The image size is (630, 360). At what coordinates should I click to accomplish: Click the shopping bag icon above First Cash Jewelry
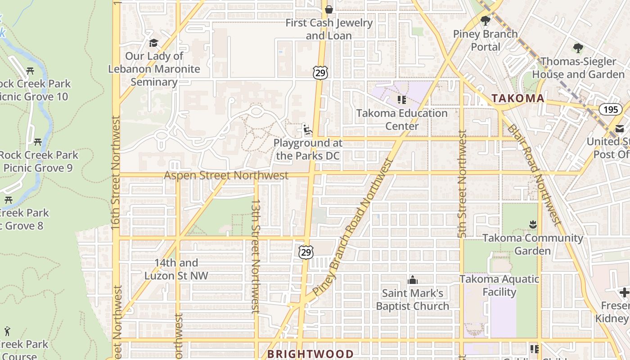tap(329, 9)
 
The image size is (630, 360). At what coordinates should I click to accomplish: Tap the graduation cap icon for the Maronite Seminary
tap(154, 43)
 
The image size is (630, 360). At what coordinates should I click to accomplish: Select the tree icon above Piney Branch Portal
tap(485, 20)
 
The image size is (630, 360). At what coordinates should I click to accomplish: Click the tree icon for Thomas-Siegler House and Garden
tap(578, 48)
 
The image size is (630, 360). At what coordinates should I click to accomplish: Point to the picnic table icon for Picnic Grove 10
tap(30, 71)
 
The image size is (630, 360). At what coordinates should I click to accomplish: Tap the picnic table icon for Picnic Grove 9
tap(38, 142)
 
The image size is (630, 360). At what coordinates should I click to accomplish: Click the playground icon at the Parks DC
tap(307, 130)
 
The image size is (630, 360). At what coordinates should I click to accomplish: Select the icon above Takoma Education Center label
tap(401, 99)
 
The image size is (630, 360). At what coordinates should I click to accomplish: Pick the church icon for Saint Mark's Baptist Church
tap(412, 280)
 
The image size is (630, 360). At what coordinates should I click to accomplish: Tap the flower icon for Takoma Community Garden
tap(533, 224)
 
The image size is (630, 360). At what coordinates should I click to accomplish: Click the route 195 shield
tap(610, 109)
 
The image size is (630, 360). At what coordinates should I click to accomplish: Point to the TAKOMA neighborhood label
tap(517, 98)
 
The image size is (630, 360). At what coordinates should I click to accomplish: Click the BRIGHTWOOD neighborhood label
tap(310, 354)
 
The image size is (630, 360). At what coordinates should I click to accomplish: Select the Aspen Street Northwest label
tap(226, 175)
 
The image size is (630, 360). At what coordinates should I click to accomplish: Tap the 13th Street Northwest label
tap(256, 256)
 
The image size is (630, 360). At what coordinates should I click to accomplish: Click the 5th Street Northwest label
tap(462, 184)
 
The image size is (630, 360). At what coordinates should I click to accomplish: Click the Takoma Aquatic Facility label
tap(499, 285)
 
